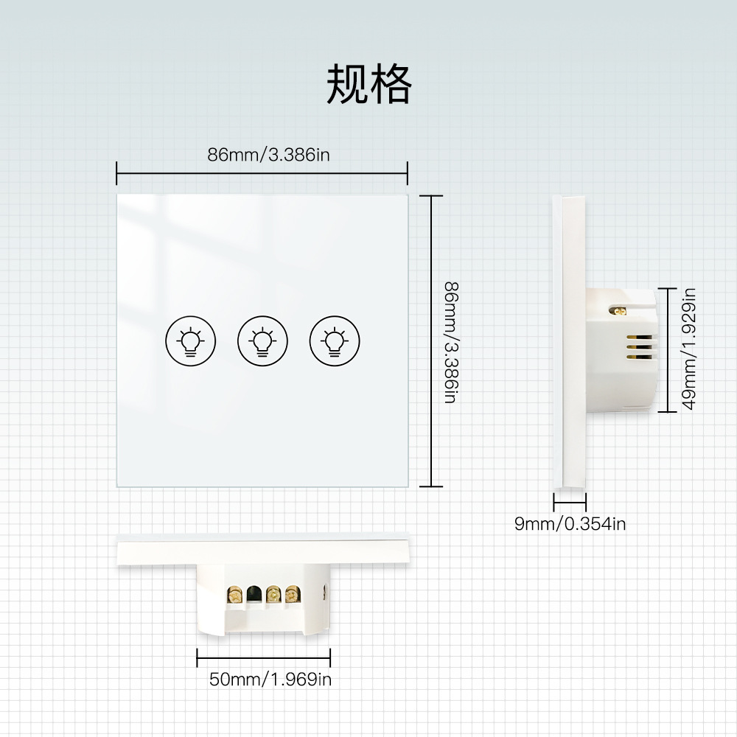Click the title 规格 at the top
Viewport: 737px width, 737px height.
tap(368, 85)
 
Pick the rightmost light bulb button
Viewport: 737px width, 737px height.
tap(335, 340)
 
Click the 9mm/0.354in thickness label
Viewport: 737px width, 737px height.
tap(570, 524)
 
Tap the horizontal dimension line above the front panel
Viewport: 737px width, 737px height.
tap(262, 174)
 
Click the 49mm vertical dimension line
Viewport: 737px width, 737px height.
tap(668, 349)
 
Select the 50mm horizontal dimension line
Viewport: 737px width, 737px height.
tap(263, 659)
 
